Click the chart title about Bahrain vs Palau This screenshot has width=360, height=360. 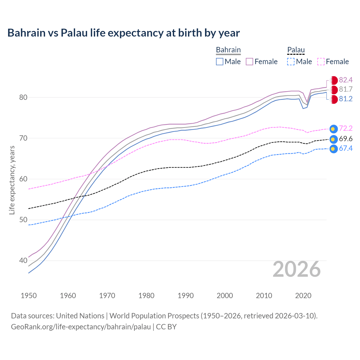[x=123, y=33]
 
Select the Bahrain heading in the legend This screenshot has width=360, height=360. [x=228, y=50]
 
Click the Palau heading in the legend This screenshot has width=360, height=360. [x=296, y=50]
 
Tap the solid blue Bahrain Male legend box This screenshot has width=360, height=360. [x=220, y=62]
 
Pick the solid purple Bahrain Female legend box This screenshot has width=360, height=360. [x=249, y=62]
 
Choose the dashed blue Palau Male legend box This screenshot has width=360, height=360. [x=291, y=62]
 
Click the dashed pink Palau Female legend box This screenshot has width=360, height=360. [x=321, y=62]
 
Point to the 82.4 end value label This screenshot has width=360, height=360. [x=346, y=80]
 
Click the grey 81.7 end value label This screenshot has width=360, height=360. [x=346, y=89]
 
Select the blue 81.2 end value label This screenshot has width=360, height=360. [x=346, y=99]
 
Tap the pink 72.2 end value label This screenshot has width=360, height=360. [x=346, y=129]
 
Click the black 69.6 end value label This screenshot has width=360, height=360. [x=346, y=139]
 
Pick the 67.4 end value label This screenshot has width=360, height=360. [x=346, y=148]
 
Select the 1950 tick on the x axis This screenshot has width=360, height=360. [x=29, y=296]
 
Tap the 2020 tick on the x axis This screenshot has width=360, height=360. [x=303, y=296]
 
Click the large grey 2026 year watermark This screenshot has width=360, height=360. [x=297, y=269]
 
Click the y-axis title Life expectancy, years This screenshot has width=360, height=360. [x=12, y=180]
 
